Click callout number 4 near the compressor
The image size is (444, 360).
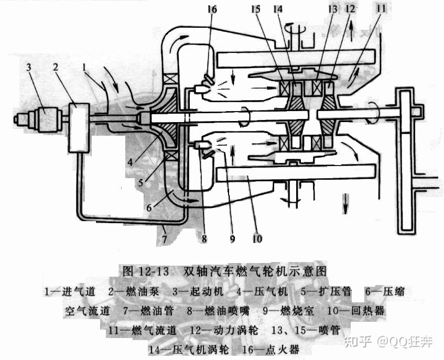coord(135,157)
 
